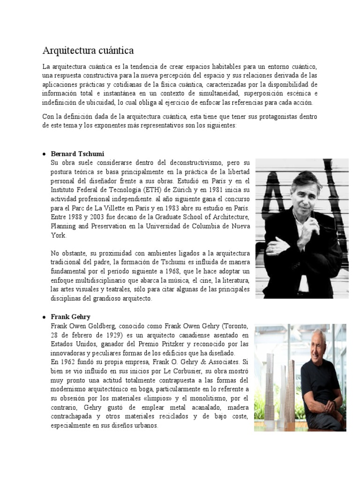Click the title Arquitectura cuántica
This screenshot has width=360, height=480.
88,50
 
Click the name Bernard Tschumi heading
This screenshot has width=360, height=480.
77,154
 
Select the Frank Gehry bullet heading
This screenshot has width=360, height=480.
70,316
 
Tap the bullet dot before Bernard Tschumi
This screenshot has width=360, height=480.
44,154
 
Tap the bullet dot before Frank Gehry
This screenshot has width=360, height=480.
44,317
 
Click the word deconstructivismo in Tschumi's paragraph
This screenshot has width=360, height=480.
186,162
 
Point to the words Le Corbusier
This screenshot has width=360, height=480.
186,371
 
